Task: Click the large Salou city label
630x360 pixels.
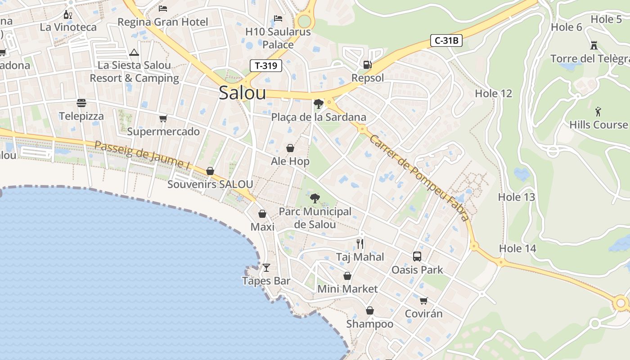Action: (242, 93)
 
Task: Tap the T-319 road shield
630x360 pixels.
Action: (265, 66)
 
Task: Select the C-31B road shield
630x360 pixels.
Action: (446, 40)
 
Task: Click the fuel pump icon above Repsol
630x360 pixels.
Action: (368, 64)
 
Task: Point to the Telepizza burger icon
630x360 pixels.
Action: (81, 103)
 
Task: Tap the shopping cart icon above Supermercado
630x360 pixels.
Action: (163, 118)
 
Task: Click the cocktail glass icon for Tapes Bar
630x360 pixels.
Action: (266, 268)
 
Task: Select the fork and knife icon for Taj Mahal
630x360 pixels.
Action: (360, 243)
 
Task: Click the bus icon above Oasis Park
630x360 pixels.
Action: (417, 256)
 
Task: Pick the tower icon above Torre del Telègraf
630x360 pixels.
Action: (594, 45)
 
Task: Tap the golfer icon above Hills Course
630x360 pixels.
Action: (598, 111)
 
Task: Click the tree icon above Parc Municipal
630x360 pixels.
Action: (315, 198)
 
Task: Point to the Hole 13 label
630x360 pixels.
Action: (517, 197)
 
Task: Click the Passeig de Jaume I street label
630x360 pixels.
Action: (142, 155)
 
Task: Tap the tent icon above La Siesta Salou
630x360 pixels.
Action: (134, 52)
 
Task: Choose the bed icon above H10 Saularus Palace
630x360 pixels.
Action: (278, 18)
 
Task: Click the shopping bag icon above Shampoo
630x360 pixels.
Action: (369, 310)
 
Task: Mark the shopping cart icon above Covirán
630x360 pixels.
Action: (423, 301)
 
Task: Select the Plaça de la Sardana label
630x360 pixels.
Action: (318, 117)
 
